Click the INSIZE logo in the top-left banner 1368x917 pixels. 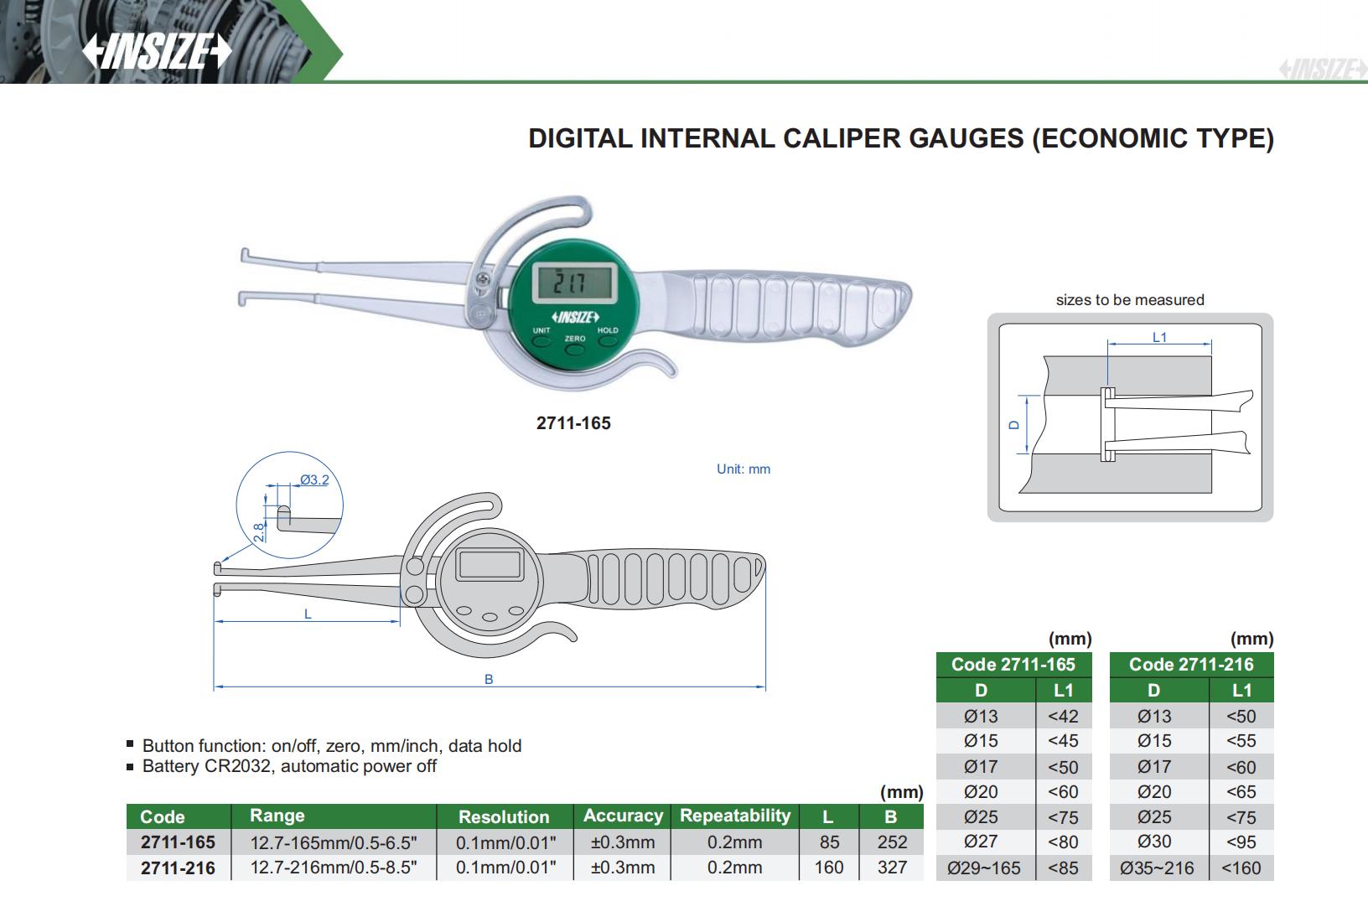[157, 52]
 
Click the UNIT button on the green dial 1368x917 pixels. [541, 340]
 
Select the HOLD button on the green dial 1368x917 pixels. [608, 340]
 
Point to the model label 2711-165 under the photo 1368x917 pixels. [573, 423]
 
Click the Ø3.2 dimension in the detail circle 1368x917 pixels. [314, 480]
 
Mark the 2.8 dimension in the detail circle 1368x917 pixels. [259, 531]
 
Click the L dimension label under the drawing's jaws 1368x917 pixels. [308, 614]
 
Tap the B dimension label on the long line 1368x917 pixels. [490, 680]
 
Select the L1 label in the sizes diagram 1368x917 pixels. [1159, 337]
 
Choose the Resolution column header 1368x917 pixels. [504, 816]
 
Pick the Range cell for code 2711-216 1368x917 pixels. [334, 868]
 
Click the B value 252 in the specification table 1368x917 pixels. [892, 842]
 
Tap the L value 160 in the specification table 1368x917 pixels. [828, 868]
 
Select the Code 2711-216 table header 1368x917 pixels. [1191, 665]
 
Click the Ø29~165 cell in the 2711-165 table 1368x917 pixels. [984, 868]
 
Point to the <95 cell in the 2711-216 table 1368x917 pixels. [1241, 842]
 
